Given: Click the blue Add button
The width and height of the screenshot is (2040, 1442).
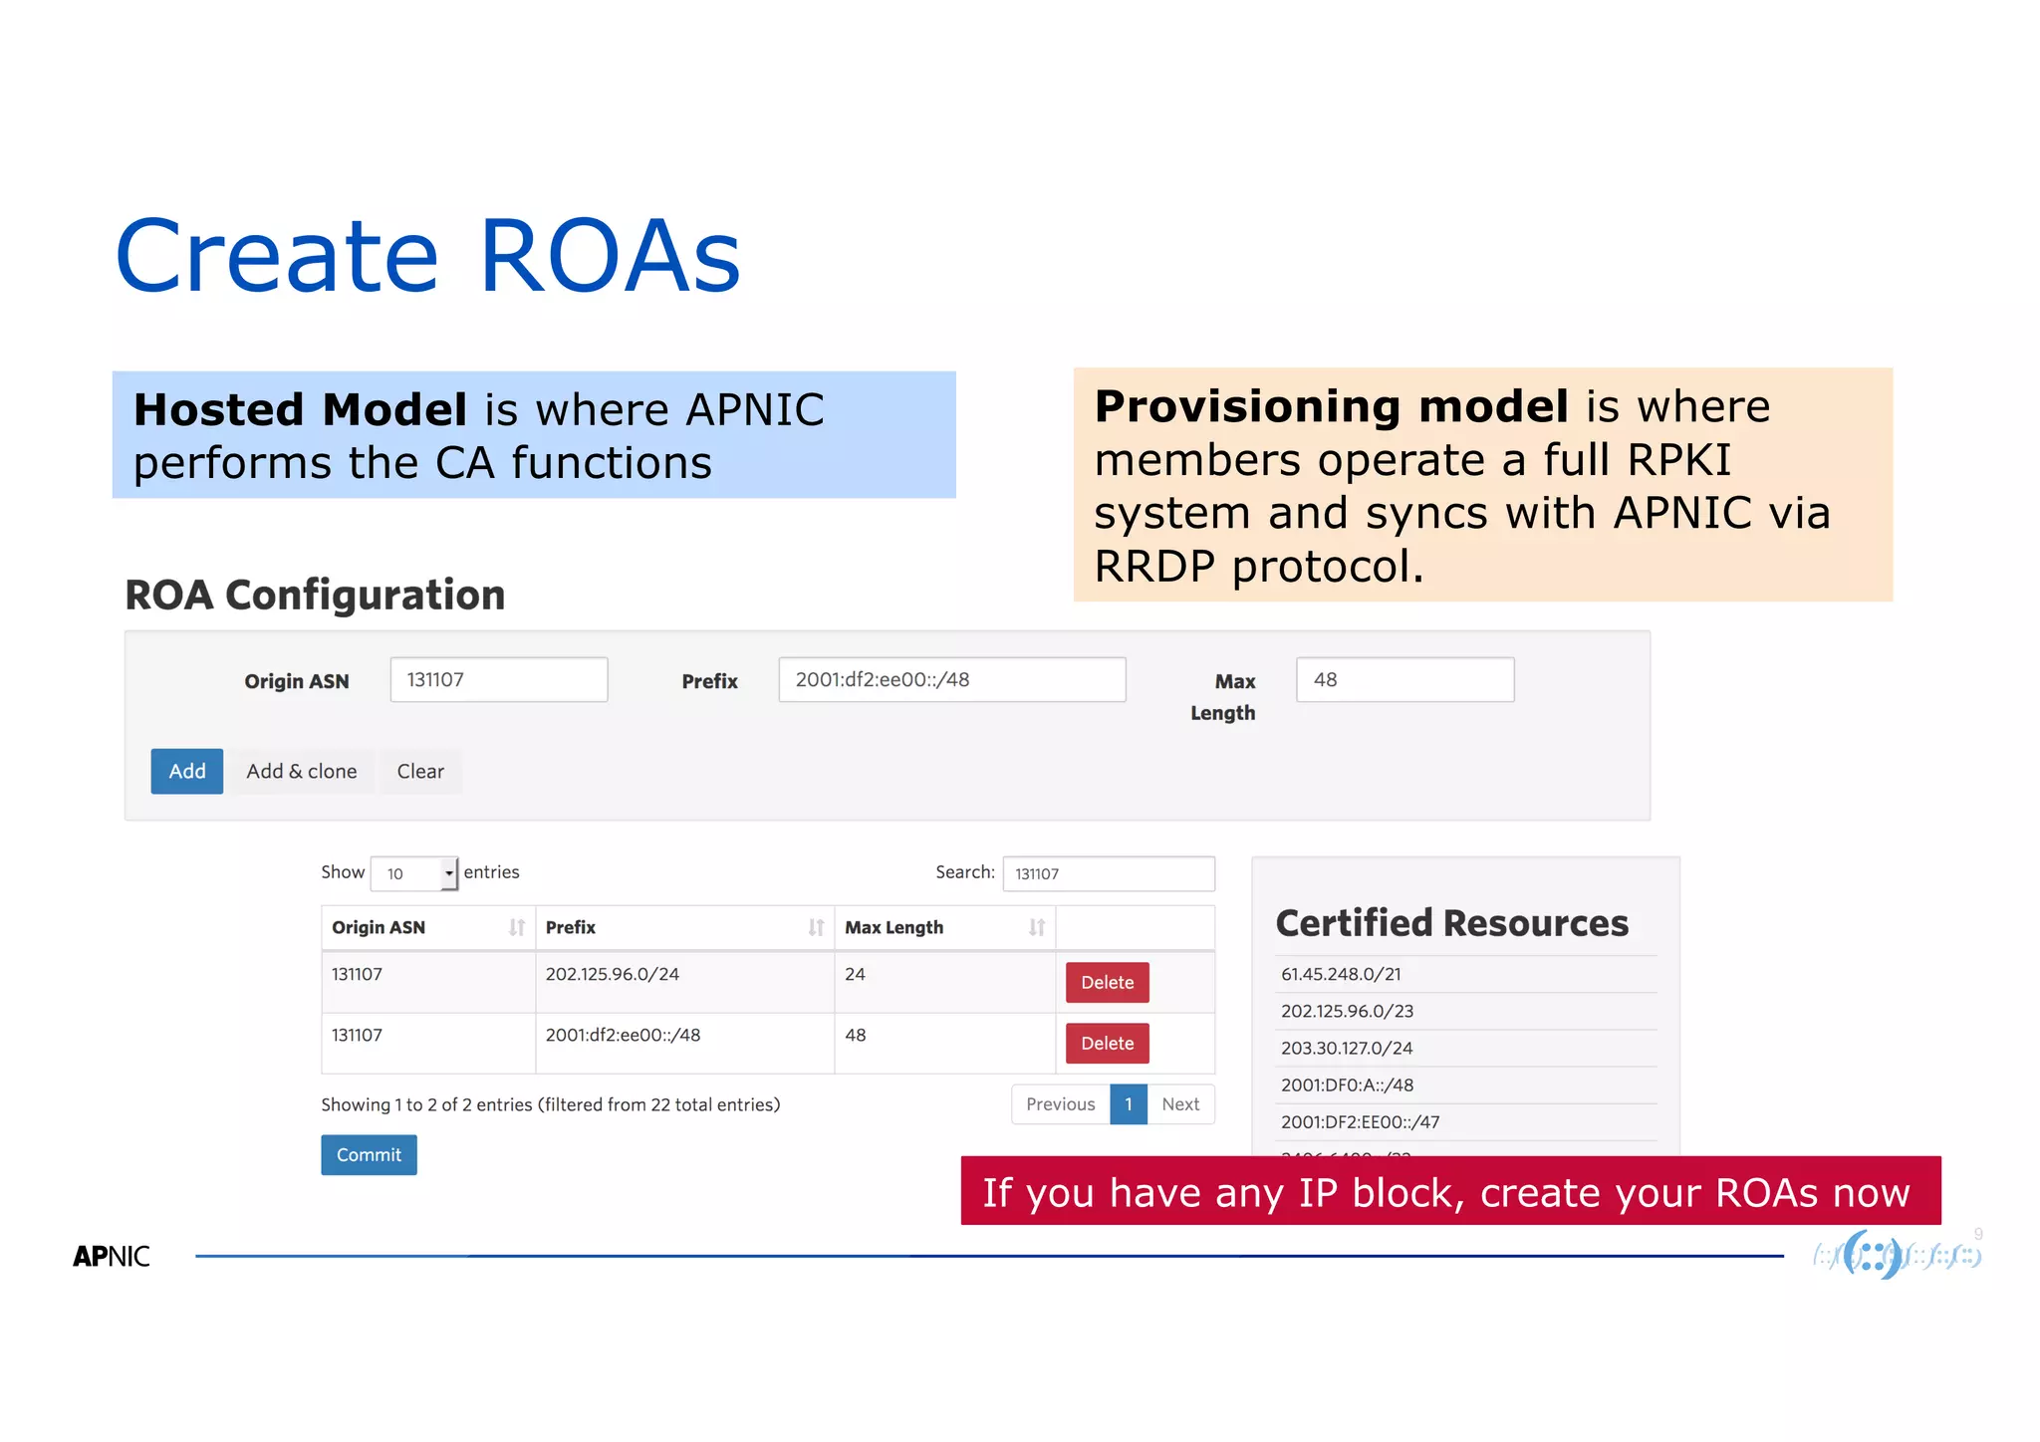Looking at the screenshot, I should tap(186, 772).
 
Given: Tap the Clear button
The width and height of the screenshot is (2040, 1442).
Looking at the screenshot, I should tap(420, 772).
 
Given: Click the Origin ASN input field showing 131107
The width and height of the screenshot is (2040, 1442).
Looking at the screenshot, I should tap(498, 680).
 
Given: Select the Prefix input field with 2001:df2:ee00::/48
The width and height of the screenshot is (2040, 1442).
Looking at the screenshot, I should tap(951, 680).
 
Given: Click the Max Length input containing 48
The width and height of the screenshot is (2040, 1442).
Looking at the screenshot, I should tap(1404, 680).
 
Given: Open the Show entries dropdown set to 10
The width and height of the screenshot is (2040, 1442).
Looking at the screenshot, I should tap(414, 873).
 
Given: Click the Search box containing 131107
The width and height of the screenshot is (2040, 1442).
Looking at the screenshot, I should tap(1108, 873).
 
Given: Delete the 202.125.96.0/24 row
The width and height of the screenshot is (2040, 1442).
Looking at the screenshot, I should tap(1107, 983).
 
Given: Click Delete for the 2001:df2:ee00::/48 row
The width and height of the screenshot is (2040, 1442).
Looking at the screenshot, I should tap(1107, 1044).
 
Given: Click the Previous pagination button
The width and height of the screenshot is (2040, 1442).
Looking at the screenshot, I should tap(1060, 1104).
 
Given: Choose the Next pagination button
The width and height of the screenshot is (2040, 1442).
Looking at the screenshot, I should tap(1180, 1104).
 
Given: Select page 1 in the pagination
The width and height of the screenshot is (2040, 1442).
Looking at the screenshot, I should tap(1129, 1104).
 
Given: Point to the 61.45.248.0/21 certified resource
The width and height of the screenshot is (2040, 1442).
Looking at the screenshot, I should tap(1341, 975).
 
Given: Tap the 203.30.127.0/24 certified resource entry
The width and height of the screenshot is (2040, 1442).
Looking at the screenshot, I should tap(1347, 1049).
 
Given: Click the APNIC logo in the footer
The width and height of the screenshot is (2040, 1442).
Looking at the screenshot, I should tap(112, 1257).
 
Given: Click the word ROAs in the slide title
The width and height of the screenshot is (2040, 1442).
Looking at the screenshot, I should tap(610, 257).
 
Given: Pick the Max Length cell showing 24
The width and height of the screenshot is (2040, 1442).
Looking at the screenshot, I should tap(856, 975).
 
